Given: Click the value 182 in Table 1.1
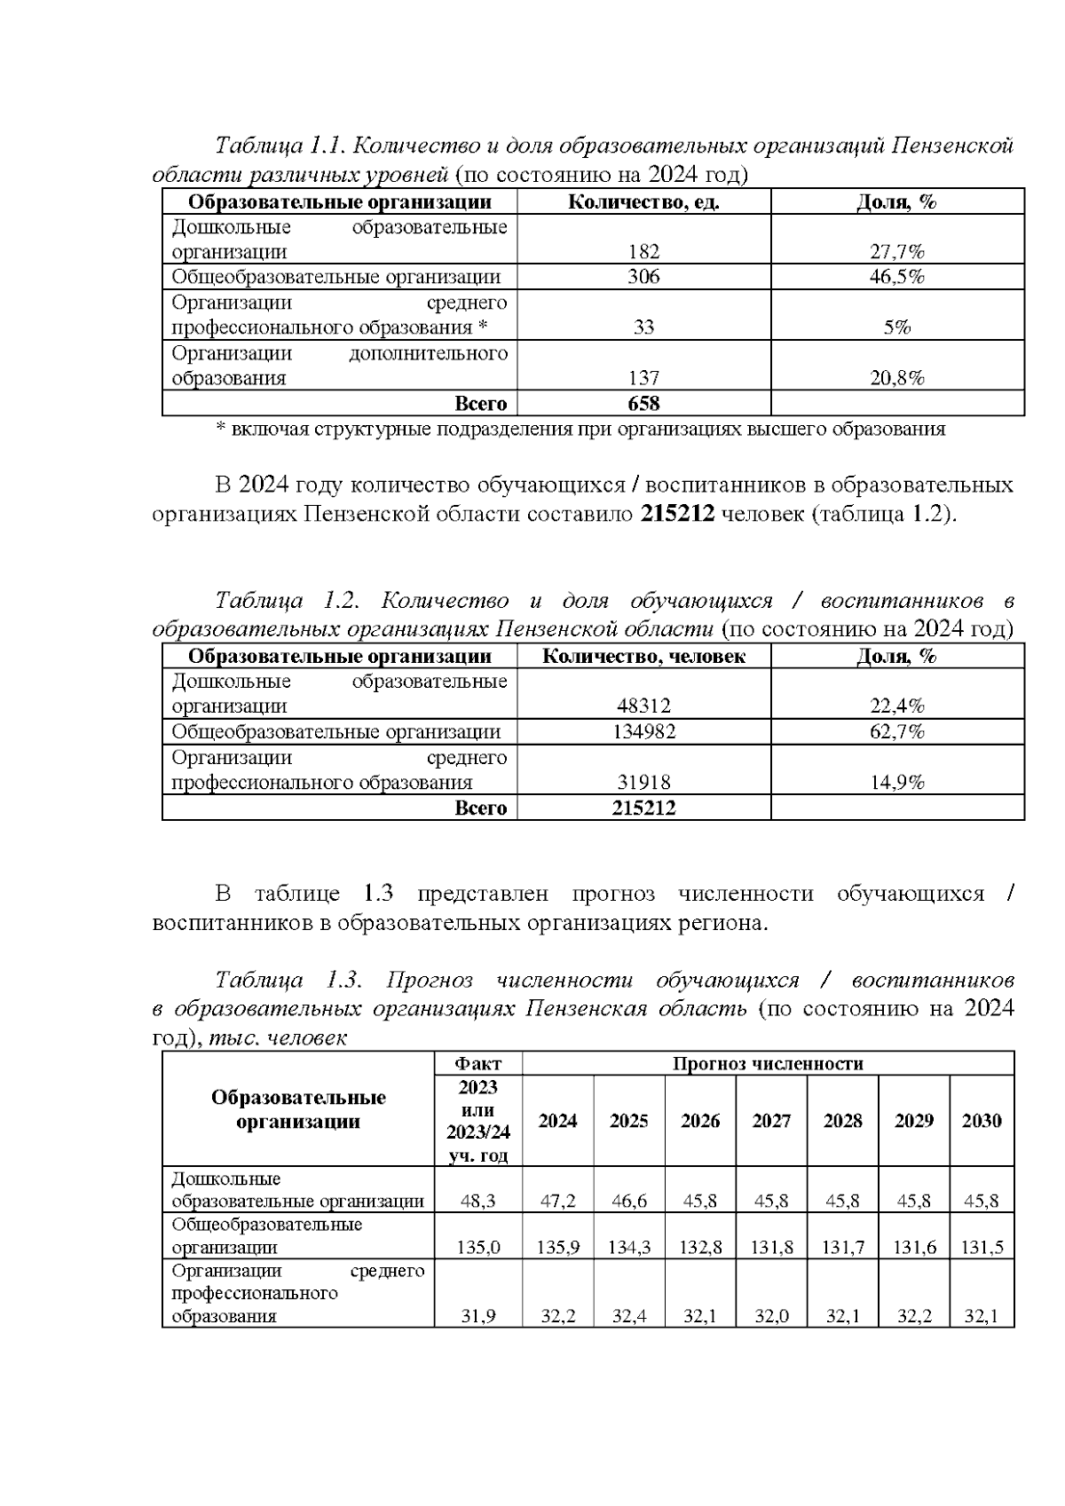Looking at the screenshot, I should (x=643, y=252).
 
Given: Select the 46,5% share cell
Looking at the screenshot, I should (x=896, y=277).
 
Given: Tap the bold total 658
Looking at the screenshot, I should (x=643, y=404).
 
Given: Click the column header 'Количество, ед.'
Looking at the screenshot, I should (x=643, y=202).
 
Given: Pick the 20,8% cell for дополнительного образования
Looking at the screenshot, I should (x=896, y=379).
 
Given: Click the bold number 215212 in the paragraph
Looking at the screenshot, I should (x=677, y=515).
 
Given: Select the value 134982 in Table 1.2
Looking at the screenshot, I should (x=643, y=732).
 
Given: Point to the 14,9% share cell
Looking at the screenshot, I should (x=896, y=783).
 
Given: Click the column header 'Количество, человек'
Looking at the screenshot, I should (x=643, y=657).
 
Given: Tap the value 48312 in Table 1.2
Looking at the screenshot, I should (x=643, y=706).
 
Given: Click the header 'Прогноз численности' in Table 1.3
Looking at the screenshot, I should (x=768, y=1063).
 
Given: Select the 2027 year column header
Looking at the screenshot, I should (x=771, y=1121).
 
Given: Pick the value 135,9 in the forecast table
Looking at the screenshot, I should (x=558, y=1248).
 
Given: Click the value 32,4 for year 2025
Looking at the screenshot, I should (x=629, y=1316).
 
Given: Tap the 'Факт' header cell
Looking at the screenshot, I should (x=477, y=1063).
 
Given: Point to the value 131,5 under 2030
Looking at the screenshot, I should (x=982, y=1248).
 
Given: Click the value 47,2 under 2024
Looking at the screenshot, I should (x=558, y=1202).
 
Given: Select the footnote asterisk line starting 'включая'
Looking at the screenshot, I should (x=581, y=430).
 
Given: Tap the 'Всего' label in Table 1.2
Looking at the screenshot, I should (x=480, y=808).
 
